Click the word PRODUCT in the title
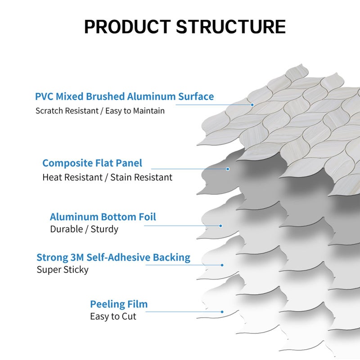(x=126, y=27)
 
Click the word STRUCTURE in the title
(x=230, y=27)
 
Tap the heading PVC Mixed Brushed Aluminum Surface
(x=124, y=96)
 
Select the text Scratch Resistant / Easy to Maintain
(x=100, y=111)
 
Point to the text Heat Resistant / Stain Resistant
(x=107, y=177)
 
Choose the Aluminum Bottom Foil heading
(x=103, y=217)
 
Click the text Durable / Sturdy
(x=84, y=229)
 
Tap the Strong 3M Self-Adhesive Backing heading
(x=113, y=257)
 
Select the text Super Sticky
(x=62, y=270)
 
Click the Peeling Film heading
(x=119, y=304)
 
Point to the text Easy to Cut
(x=113, y=316)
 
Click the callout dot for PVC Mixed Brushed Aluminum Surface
(x=252, y=105)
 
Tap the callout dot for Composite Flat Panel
(x=228, y=169)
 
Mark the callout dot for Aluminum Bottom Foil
(x=221, y=225)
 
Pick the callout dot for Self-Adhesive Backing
(x=224, y=265)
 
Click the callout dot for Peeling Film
(x=222, y=311)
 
